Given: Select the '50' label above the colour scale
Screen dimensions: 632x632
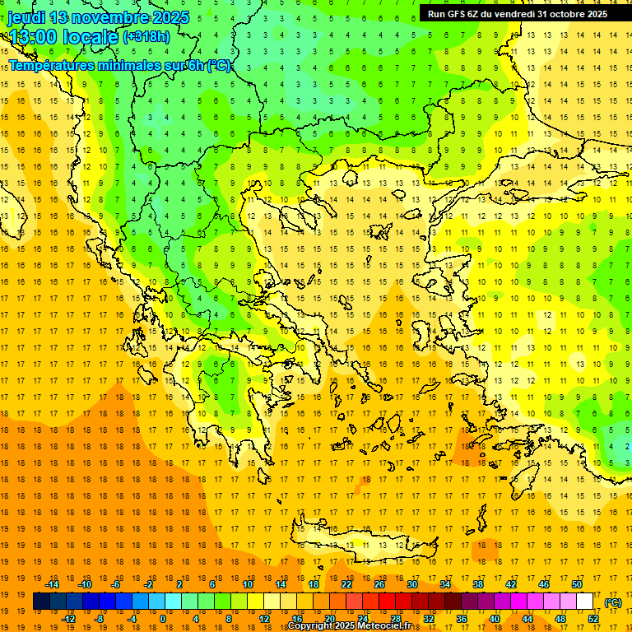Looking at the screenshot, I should click(x=576, y=584).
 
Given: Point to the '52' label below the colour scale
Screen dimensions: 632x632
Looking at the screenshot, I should click(x=592, y=618).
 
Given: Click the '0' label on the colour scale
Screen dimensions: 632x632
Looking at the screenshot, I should click(x=162, y=618).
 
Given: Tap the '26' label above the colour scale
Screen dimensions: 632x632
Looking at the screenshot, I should click(x=379, y=584).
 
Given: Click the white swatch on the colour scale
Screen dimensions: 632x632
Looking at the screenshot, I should click(x=585, y=602).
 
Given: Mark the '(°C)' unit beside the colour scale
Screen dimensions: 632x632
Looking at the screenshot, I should click(x=613, y=602).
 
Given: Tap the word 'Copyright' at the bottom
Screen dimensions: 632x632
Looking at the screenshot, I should click(x=313, y=626).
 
